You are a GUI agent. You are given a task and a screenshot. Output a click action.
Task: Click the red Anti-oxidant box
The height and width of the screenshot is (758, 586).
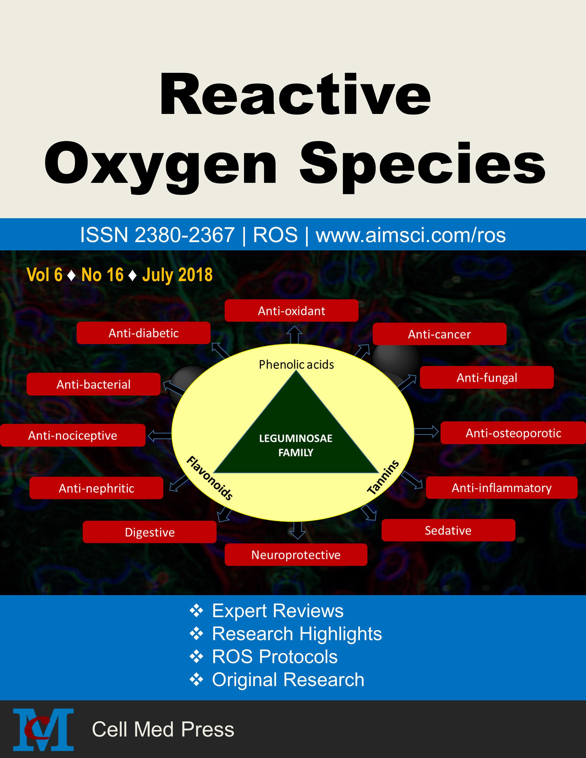[x=291, y=311]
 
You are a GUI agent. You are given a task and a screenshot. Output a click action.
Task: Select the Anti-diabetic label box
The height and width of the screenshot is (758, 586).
[x=143, y=333]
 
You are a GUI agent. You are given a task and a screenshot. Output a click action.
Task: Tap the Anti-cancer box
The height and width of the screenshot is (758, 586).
[x=439, y=334]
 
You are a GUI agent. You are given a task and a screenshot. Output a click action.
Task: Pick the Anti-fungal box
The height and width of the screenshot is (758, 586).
[x=487, y=377]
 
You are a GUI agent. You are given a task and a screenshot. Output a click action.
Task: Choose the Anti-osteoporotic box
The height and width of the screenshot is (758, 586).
[x=513, y=433]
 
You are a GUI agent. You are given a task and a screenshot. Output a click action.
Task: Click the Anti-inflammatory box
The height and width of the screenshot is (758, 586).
[x=502, y=488]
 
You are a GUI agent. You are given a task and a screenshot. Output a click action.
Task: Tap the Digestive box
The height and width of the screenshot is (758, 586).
[x=150, y=532]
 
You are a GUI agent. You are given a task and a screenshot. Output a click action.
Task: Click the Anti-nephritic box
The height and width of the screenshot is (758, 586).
[x=96, y=488]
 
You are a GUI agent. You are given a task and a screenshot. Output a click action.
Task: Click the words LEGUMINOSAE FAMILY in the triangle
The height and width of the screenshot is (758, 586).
[x=296, y=445]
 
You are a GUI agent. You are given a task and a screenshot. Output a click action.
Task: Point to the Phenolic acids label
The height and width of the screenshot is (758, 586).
[x=296, y=365]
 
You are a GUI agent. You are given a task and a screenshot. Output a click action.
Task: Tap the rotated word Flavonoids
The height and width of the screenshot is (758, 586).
[x=210, y=478]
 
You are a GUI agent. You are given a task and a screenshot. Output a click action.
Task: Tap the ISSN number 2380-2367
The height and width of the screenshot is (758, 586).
[x=184, y=235]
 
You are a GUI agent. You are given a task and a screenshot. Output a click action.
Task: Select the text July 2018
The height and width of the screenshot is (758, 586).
[x=177, y=275]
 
